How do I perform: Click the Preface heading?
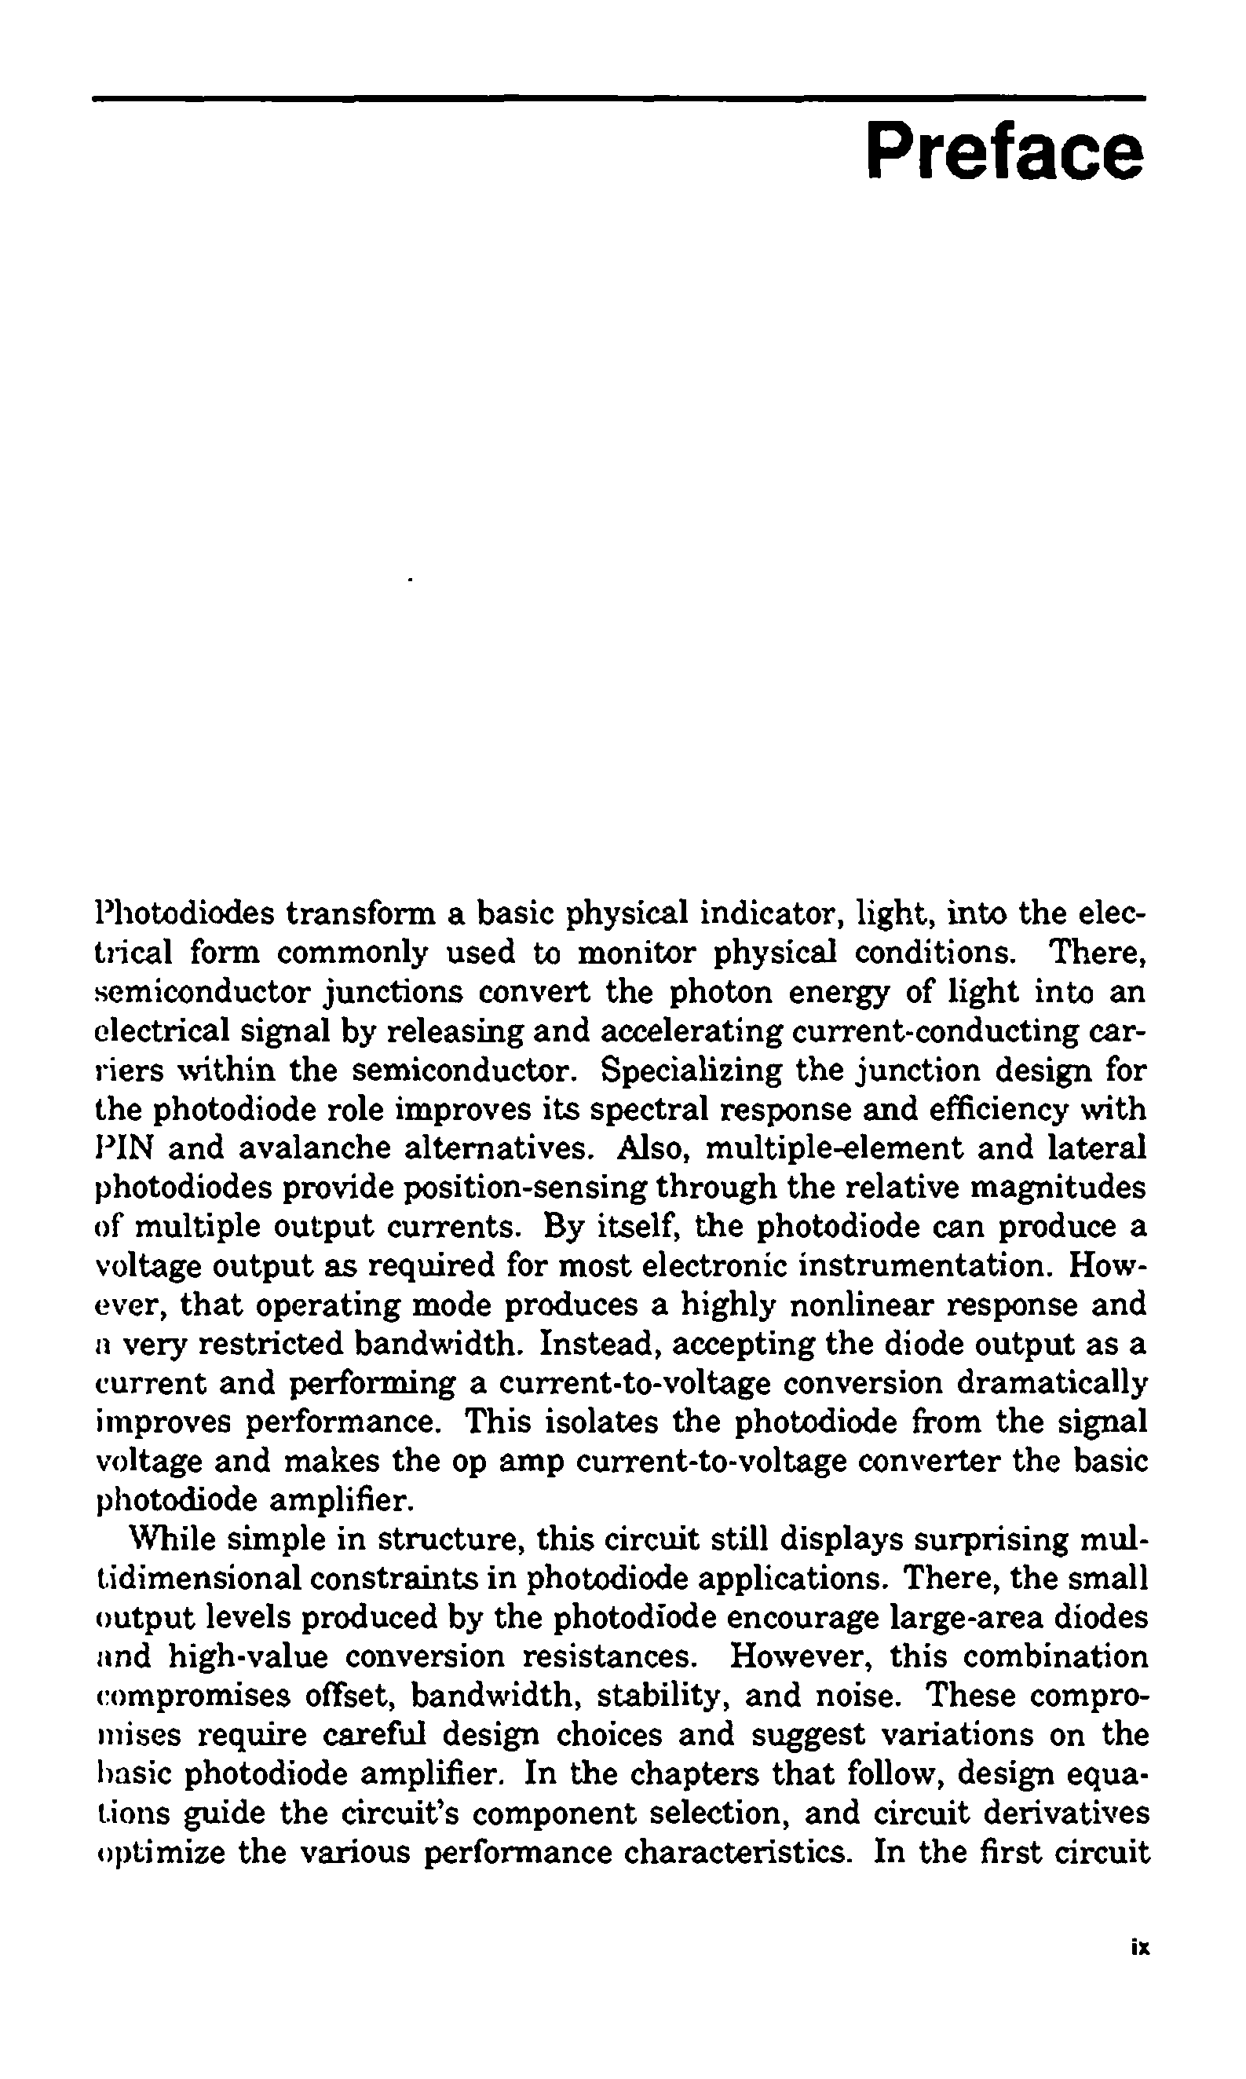coord(1004,151)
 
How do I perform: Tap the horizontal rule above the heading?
coord(619,99)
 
